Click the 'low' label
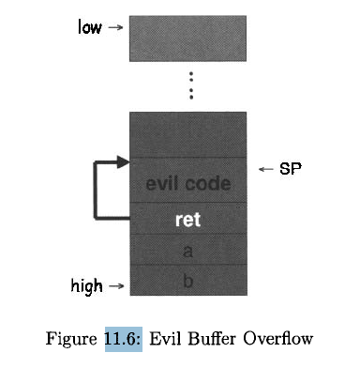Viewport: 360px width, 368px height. (x=89, y=27)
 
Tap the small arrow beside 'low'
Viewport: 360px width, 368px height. (x=115, y=27)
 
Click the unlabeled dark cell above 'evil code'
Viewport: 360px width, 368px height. (x=187, y=133)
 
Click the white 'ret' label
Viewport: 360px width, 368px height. (x=187, y=222)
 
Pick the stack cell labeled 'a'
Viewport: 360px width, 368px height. (x=187, y=252)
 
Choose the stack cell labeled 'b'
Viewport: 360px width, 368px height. (x=187, y=279)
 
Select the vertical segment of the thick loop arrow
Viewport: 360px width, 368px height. (x=96, y=192)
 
